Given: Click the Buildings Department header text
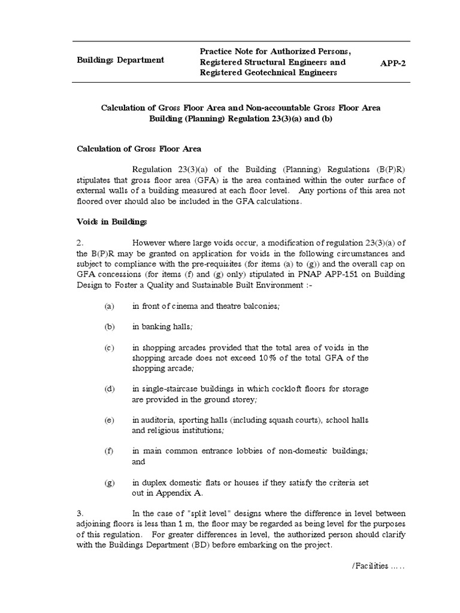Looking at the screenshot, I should [x=121, y=60].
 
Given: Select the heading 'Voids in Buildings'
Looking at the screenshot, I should [x=111, y=222].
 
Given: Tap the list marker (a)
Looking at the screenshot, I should [x=109, y=306].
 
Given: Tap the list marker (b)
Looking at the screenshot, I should [x=109, y=326].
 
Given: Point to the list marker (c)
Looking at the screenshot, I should [x=109, y=347].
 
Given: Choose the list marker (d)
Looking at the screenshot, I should [x=109, y=389].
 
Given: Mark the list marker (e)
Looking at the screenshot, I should [x=109, y=420].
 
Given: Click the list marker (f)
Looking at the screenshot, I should [x=109, y=451].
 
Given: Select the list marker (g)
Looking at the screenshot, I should [x=109, y=483].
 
